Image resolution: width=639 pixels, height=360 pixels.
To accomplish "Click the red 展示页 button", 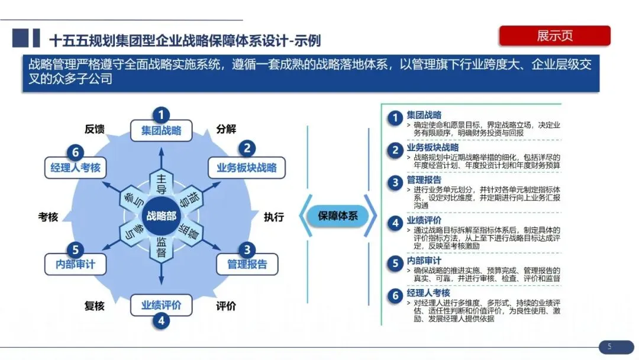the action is pyautogui.click(x=554, y=36).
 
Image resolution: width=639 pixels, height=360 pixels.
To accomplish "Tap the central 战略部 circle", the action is pyautogui.click(x=161, y=216).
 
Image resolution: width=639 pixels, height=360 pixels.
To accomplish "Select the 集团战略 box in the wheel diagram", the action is pyautogui.click(x=161, y=131).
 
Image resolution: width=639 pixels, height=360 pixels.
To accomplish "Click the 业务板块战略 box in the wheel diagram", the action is pyautogui.click(x=247, y=168).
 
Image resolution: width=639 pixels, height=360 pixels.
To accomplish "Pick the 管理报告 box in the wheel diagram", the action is pyautogui.click(x=247, y=264).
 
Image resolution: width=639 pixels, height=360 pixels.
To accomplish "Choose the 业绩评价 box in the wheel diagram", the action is pyautogui.click(x=161, y=306).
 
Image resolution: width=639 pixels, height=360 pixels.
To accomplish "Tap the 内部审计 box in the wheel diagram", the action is pyautogui.click(x=75, y=264).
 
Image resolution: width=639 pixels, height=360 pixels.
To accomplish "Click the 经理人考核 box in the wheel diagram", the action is pyautogui.click(x=75, y=168).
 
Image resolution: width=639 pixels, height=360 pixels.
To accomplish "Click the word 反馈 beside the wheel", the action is pyautogui.click(x=95, y=129).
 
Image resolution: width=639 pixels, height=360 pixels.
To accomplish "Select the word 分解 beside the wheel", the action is pyautogui.click(x=226, y=129).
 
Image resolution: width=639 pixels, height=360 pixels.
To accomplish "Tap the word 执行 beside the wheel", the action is pyautogui.click(x=274, y=217).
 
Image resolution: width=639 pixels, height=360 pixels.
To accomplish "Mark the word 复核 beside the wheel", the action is pyautogui.click(x=95, y=306).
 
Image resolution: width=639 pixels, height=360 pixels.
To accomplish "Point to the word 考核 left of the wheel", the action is pyautogui.click(x=48, y=217).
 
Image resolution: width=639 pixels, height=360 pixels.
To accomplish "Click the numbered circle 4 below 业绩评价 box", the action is pyautogui.click(x=161, y=322).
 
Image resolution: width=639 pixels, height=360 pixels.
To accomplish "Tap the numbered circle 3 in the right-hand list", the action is pyautogui.click(x=395, y=182).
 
